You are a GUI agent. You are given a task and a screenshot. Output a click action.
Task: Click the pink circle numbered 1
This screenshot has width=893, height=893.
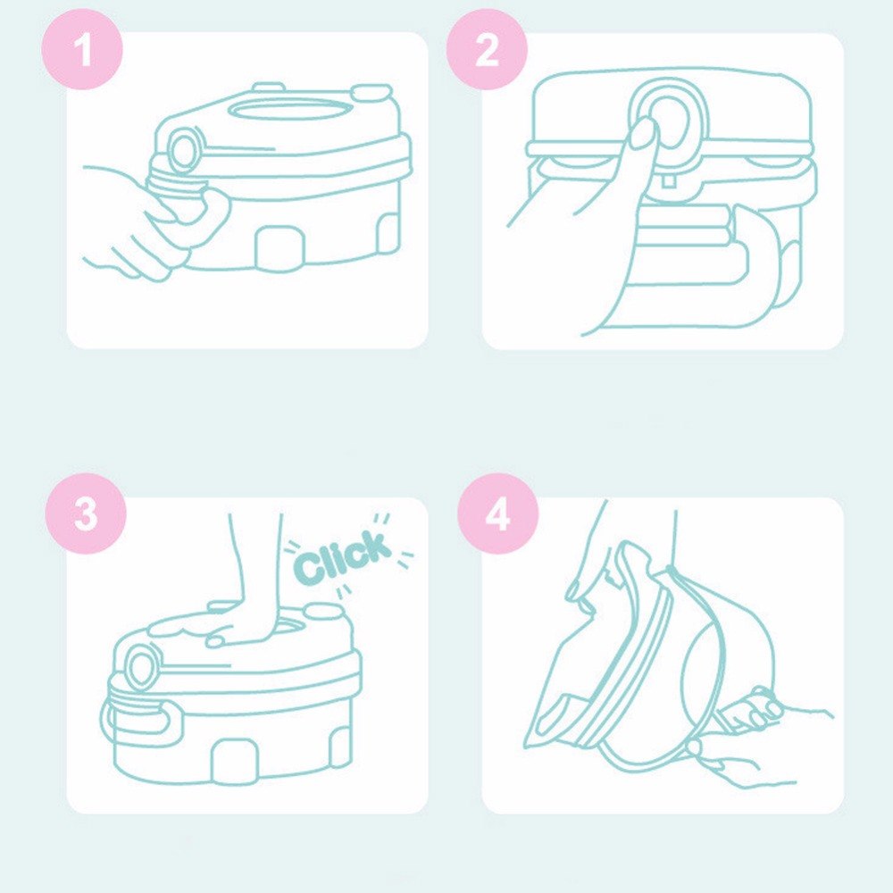(x=82, y=49)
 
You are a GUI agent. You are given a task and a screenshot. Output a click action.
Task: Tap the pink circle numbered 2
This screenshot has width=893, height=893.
(x=487, y=49)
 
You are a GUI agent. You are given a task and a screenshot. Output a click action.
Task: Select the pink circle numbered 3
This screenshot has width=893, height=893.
(x=86, y=513)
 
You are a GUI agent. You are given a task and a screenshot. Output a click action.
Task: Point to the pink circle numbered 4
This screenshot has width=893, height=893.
(x=498, y=513)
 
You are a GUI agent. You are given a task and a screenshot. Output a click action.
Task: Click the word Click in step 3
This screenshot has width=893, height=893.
(x=343, y=557)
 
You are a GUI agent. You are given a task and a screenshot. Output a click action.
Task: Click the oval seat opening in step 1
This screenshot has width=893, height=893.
(x=288, y=109)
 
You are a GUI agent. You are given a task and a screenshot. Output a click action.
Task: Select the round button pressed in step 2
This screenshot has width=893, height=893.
(x=667, y=121)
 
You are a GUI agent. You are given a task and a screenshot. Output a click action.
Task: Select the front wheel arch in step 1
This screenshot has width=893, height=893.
(x=280, y=247)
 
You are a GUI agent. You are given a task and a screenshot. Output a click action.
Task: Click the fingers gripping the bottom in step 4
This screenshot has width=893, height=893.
(x=751, y=711)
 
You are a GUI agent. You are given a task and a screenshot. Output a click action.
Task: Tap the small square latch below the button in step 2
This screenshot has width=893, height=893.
(x=669, y=181)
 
